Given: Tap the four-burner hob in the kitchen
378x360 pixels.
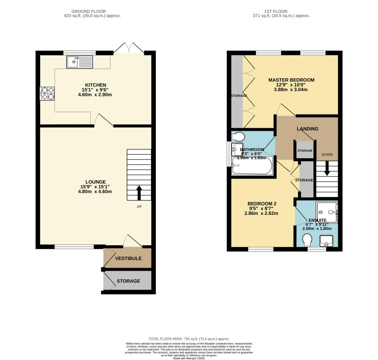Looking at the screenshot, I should (x=47, y=93).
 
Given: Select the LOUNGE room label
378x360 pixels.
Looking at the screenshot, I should (x=96, y=182).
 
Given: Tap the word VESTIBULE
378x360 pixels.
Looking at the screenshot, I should (x=128, y=258).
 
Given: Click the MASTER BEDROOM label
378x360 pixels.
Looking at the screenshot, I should (x=291, y=80).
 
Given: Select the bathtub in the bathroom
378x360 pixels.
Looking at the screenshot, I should (x=251, y=166).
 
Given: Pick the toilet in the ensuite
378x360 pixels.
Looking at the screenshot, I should (x=306, y=241).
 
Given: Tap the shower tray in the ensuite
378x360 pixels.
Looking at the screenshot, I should (x=327, y=212).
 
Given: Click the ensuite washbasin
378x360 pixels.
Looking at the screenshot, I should (x=326, y=241).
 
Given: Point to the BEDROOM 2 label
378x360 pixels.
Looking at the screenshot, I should (x=262, y=203).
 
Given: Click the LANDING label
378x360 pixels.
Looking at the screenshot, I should (x=307, y=129).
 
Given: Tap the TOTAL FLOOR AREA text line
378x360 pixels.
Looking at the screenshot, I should (x=189, y=339).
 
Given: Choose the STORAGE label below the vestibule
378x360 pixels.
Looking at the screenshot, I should (x=128, y=281).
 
